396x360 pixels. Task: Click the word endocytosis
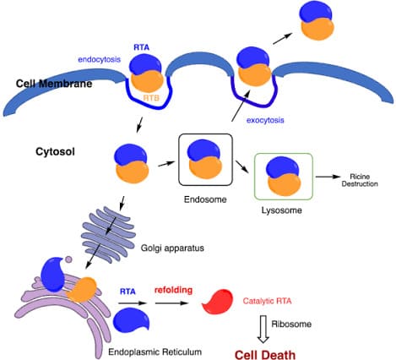tap(100, 60)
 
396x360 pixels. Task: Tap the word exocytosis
tap(265, 120)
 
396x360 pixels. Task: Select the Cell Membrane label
tap(54, 84)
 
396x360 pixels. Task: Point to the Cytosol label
tap(55, 152)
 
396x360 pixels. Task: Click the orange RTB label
tap(151, 98)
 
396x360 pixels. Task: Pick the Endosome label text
tap(205, 199)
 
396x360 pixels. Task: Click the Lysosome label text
tap(282, 210)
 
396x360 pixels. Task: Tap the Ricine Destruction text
tap(360, 180)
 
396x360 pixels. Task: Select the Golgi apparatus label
tap(172, 248)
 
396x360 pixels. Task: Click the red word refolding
tap(173, 290)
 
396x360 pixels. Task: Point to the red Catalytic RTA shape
tap(218, 302)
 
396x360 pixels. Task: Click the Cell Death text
tap(265, 354)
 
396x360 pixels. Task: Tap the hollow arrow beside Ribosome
tap(263, 329)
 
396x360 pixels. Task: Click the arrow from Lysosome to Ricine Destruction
tap(328, 177)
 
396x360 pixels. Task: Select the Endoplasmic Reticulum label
tap(155, 352)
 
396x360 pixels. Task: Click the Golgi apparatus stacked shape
tap(109, 234)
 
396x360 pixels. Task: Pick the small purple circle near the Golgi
tap(68, 259)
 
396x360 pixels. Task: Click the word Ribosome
tap(291, 324)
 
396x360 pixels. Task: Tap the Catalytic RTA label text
tap(267, 301)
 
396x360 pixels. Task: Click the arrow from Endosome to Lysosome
tap(242, 166)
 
